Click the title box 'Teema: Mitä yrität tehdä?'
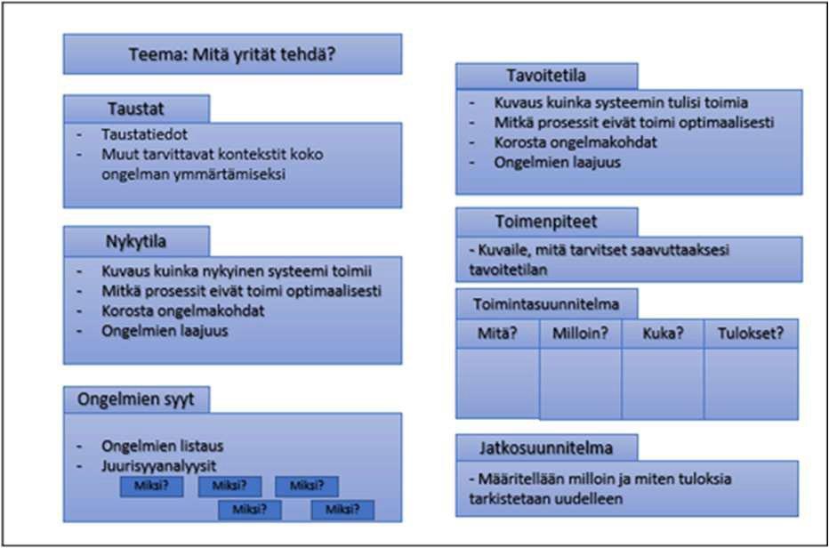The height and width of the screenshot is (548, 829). [x=232, y=54]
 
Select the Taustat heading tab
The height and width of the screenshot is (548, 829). [x=136, y=109]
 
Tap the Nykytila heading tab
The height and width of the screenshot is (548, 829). [x=136, y=241]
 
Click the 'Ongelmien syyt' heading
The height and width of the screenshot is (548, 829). [x=136, y=399]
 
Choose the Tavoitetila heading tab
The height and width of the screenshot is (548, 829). [x=546, y=76]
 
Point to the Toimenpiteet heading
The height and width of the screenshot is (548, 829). [x=546, y=222]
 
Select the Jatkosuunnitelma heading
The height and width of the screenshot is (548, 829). [x=546, y=446]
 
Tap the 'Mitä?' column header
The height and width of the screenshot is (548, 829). [x=497, y=334]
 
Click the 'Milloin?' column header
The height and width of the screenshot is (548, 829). [x=580, y=334]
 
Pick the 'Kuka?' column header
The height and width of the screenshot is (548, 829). [x=663, y=334]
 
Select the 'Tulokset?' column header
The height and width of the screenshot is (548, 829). [x=751, y=334]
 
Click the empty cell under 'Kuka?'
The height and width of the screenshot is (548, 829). [x=663, y=383]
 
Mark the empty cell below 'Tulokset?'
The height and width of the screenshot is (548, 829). [x=751, y=383]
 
